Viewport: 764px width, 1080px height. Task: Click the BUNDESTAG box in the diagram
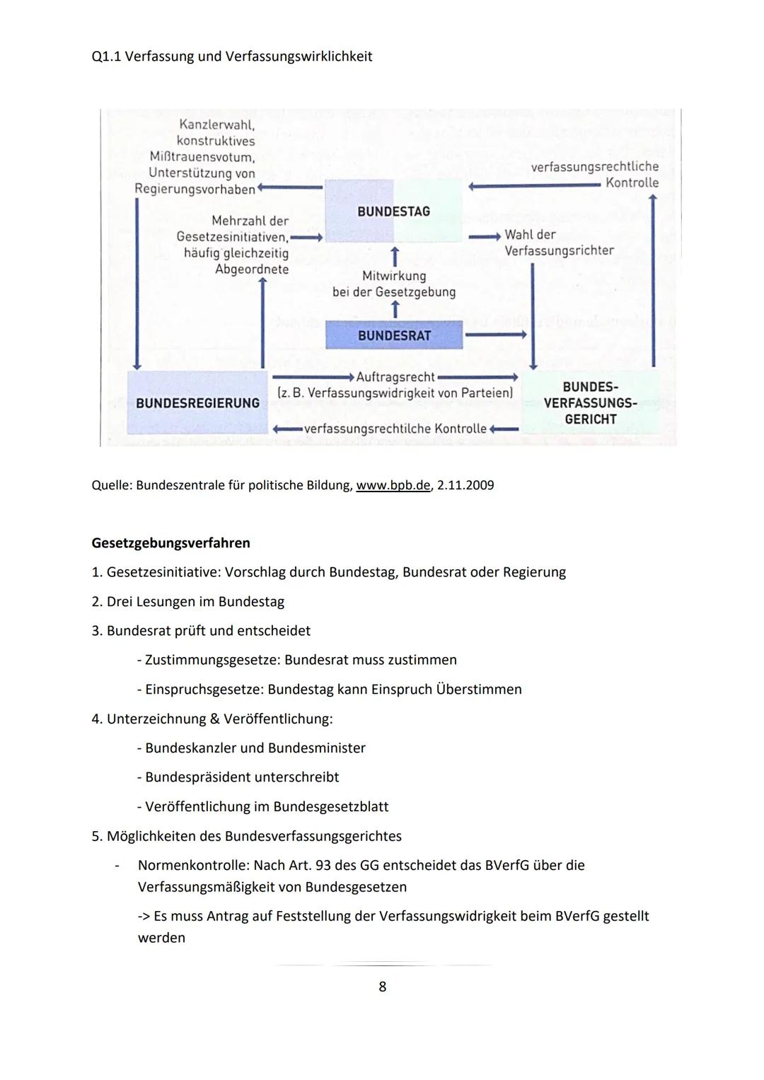[x=393, y=211]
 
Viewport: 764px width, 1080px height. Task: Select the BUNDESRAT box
[x=394, y=335]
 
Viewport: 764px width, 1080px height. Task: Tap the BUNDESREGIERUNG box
[x=197, y=402]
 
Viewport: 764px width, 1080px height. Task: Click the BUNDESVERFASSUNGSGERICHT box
[x=590, y=403]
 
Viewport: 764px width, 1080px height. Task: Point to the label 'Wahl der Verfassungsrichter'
[x=559, y=243]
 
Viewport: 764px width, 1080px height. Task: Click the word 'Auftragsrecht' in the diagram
[x=395, y=377]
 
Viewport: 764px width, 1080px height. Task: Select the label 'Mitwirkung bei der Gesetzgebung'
[x=394, y=284]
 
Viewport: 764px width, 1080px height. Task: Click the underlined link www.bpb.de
[x=393, y=485]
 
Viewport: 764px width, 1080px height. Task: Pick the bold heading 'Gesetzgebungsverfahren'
[x=170, y=543]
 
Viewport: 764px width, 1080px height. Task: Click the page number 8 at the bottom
[x=383, y=986]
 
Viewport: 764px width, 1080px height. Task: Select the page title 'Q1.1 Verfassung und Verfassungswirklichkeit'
[x=232, y=56]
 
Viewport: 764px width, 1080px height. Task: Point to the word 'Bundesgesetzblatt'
[x=330, y=806]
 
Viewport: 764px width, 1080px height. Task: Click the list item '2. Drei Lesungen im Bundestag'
[x=188, y=602]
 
